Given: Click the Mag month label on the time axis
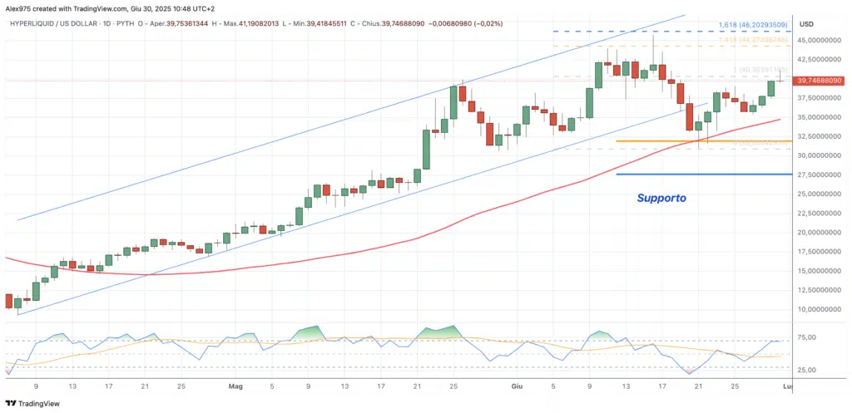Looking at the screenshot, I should (235, 386).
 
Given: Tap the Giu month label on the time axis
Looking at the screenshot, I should (518, 386).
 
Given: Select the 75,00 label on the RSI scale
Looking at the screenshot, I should (806, 337).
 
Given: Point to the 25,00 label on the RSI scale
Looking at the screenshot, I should (806, 370).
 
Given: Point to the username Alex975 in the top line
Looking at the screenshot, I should (20, 7).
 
